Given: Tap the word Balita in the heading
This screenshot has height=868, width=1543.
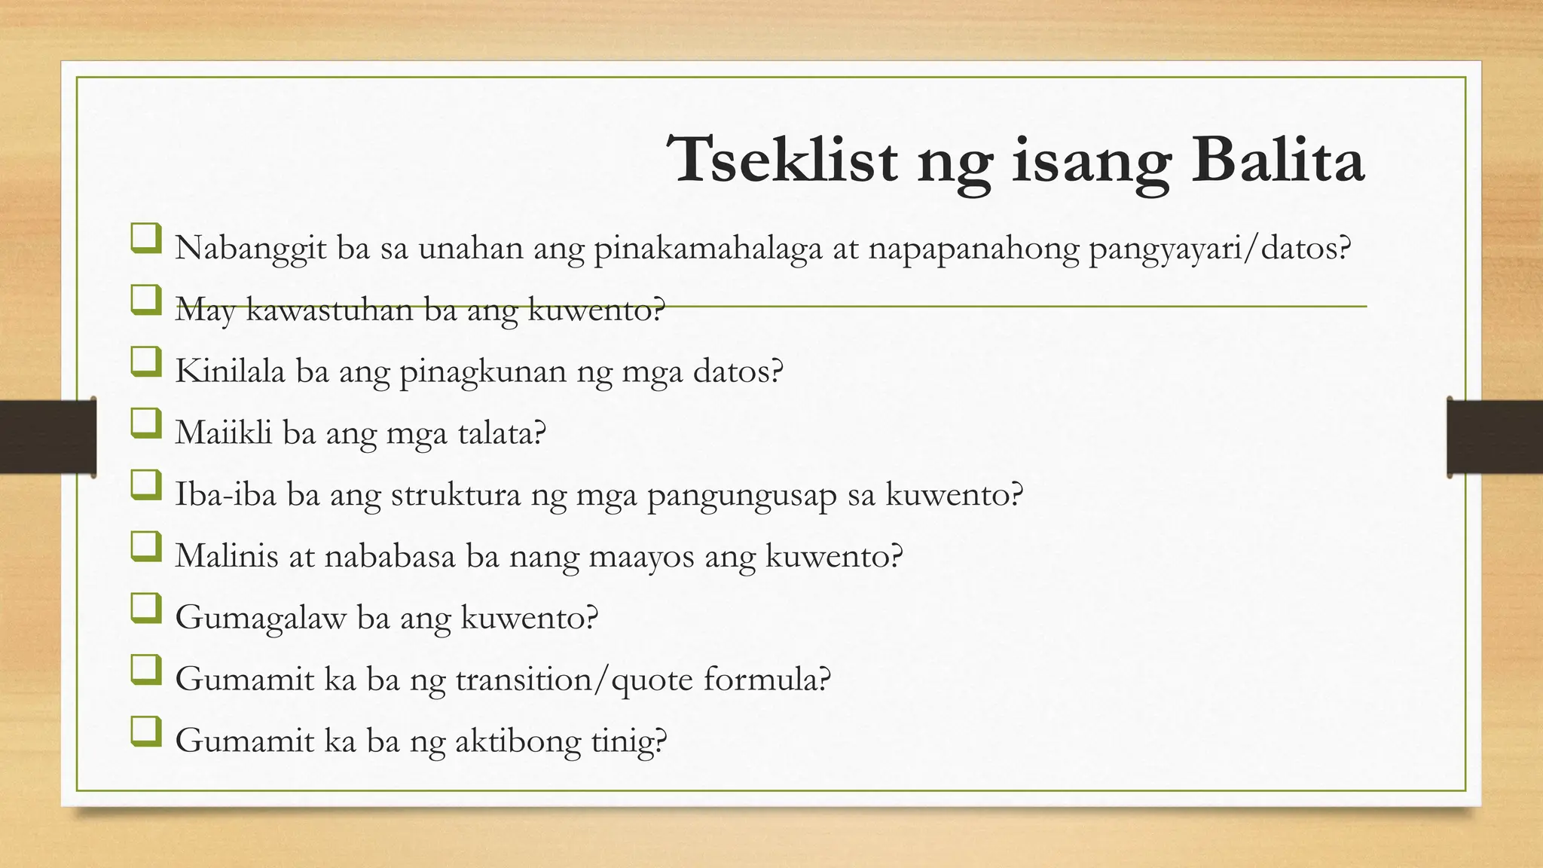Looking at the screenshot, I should click(x=1278, y=160).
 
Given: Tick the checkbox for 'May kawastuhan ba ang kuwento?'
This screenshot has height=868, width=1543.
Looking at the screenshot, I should click(x=145, y=300).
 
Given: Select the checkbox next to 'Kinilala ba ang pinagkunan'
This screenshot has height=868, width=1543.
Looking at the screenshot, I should click(x=145, y=362).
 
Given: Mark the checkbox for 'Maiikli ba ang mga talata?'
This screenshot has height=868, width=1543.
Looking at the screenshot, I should click(x=145, y=423).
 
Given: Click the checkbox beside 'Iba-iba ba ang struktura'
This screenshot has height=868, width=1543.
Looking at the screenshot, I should click(x=145, y=485).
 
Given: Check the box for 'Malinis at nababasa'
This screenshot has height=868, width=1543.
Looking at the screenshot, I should click(x=145, y=547).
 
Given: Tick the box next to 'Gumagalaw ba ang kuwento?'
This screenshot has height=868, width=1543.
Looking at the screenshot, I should click(x=145, y=608).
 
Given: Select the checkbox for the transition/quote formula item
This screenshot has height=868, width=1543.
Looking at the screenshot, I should click(x=145, y=670).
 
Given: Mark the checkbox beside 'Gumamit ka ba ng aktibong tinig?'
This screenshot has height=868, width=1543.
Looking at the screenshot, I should click(x=145, y=732).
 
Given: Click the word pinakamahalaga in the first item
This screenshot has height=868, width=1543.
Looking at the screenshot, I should click(x=707, y=249).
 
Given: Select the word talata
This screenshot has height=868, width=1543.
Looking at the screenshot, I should click(x=500, y=432).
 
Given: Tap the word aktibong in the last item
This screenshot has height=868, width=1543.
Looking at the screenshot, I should click(x=518, y=741).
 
